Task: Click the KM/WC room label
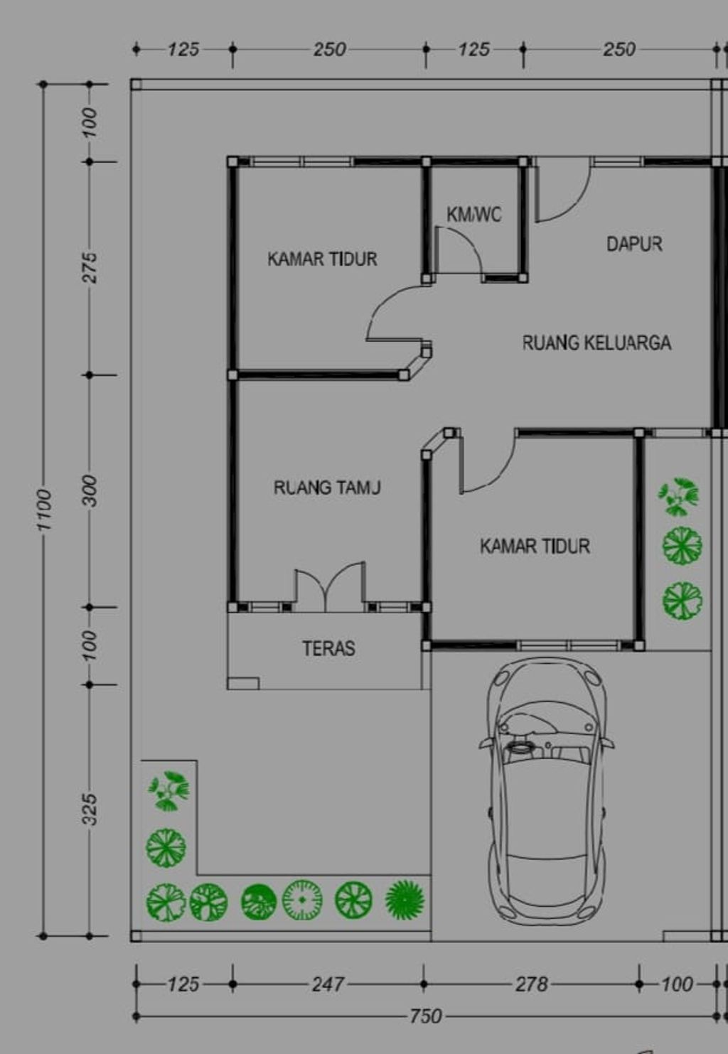pyautogui.click(x=473, y=214)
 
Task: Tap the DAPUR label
pyautogui.click(x=634, y=244)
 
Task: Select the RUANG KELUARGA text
pyautogui.click(x=596, y=343)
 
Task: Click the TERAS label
pyautogui.click(x=328, y=648)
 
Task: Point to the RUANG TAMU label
pyautogui.click(x=327, y=488)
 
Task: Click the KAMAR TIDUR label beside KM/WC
pyautogui.click(x=322, y=259)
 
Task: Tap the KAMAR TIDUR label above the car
pyautogui.click(x=535, y=547)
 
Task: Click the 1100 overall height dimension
pyautogui.click(x=44, y=509)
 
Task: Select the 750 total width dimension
pyautogui.click(x=425, y=1016)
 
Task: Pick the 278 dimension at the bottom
pyautogui.click(x=531, y=984)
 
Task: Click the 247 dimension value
pyautogui.click(x=328, y=984)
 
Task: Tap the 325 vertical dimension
pyautogui.click(x=89, y=810)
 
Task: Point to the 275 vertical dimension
pyautogui.click(x=89, y=267)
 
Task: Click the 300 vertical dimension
pyautogui.click(x=89, y=490)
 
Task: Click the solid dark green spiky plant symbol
pyautogui.click(x=405, y=900)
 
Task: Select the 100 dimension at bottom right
pyautogui.click(x=676, y=984)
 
